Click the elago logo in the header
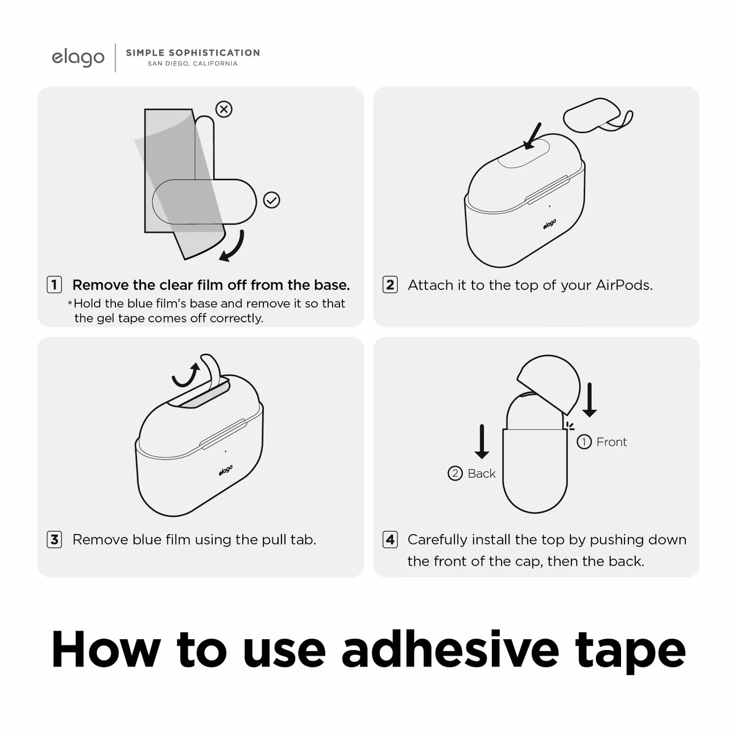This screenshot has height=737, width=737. coord(78,58)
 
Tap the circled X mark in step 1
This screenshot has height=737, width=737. coord(223,109)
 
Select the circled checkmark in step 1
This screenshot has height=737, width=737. coord(272,200)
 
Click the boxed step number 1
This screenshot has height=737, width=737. coord(55,285)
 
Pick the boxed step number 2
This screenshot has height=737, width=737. coord(390,285)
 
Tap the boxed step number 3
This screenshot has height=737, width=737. coord(55,540)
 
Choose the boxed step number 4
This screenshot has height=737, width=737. coord(390,540)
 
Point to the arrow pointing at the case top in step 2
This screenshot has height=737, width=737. coord(532,136)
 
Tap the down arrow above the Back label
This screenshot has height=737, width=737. coord(482,441)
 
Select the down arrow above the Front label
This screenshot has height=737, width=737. coord(589,400)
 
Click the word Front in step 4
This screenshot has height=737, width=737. coord(611,442)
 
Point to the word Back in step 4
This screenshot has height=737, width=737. coord(482,474)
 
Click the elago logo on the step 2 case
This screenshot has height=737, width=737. coord(549,225)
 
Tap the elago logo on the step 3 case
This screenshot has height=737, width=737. coord(226,470)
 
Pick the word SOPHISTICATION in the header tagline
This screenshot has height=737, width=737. coord(214,53)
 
